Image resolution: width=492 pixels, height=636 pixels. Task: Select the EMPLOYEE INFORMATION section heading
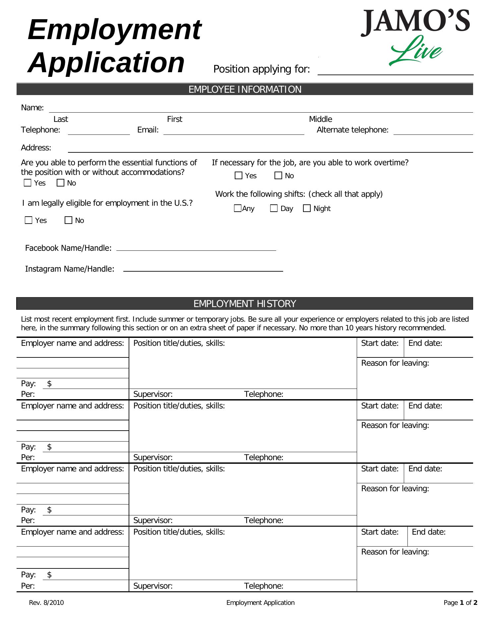point(245,89)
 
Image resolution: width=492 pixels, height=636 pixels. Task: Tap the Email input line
point(233,131)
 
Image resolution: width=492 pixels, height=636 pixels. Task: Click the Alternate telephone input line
point(433,131)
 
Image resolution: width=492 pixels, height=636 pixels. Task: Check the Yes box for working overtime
point(238,176)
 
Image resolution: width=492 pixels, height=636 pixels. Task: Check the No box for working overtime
point(278,176)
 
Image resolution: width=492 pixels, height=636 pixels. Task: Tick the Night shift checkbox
point(307,208)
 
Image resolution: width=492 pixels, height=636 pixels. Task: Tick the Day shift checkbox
point(274,208)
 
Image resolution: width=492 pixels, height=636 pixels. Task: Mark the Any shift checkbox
point(237,208)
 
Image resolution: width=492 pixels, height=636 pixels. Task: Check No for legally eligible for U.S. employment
point(68,220)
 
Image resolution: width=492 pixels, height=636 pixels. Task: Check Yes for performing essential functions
point(28,183)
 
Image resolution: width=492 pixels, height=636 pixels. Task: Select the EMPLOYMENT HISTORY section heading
point(245,304)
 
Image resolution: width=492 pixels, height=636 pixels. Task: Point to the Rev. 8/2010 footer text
point(46,603)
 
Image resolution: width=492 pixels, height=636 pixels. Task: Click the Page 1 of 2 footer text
point(460,603)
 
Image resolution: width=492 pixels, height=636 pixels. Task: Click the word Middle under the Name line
point(320,119)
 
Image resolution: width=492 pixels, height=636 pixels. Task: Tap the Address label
point(36,148)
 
